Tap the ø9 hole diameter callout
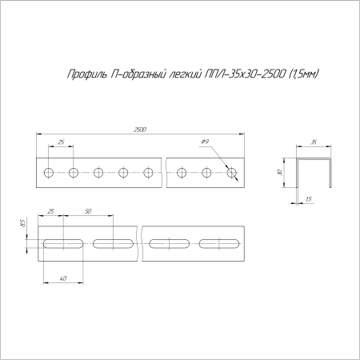pyautogui.click(x=205, y=142)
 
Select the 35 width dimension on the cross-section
pyautogui.click(x=313, y=142)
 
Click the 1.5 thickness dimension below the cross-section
pyautogui.click(x=308, y=198)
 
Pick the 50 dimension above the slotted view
pyautogui.click(x=87, y=211)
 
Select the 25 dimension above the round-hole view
pyautogui.click(x=62, y=142)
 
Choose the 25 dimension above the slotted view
pyautogui.click(x=52, y=211)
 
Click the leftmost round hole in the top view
pyautogui.click(x=50, y=173)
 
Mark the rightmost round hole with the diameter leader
pyautogui.click(x=232, y=173)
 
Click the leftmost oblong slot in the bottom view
pyautogui.click(x=62, y=242)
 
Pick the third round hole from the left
pyautogui.click(x=98, y=173)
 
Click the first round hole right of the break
pyautogui.click(x=183, y=173)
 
